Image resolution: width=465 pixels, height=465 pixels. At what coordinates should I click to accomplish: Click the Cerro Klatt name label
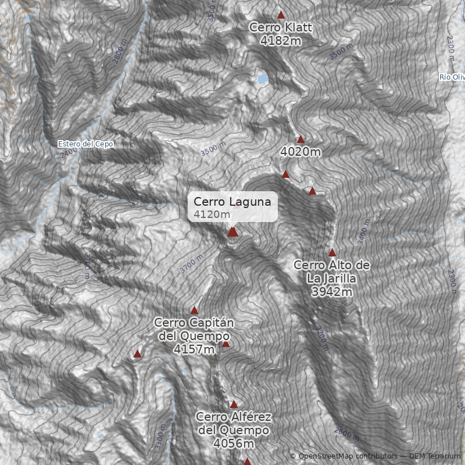(281, 27)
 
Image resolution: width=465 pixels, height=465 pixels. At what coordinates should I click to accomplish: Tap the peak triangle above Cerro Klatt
(281, 15)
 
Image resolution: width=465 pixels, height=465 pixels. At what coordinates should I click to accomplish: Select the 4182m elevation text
(281, 41)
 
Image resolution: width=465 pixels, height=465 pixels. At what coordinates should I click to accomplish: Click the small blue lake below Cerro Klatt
(263, 78)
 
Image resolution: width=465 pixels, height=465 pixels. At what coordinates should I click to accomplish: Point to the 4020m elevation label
(301, 152)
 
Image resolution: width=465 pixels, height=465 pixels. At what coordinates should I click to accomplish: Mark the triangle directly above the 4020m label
(301, 139)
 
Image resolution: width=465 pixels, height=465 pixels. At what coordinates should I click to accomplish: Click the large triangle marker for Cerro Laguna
(233, 232)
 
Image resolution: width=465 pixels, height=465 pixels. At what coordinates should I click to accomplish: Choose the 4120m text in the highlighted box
(208, 214)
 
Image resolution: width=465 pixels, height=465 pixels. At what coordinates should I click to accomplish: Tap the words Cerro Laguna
(232, 202)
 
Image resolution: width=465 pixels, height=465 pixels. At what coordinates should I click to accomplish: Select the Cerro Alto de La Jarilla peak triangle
(332, 253)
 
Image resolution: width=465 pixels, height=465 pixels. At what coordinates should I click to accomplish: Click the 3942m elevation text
(332, 292)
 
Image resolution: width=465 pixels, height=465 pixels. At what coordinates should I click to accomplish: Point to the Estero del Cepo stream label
(85, 144)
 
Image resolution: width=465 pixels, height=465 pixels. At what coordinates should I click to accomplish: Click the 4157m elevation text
(194, 349)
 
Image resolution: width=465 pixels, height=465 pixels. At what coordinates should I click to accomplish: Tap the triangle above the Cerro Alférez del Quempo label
(234, 404)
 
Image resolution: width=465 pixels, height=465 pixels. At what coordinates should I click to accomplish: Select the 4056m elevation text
(234, 443)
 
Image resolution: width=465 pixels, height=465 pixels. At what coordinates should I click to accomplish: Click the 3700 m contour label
(192, 264)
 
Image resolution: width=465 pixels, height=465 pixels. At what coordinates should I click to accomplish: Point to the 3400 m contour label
(364, 231)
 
